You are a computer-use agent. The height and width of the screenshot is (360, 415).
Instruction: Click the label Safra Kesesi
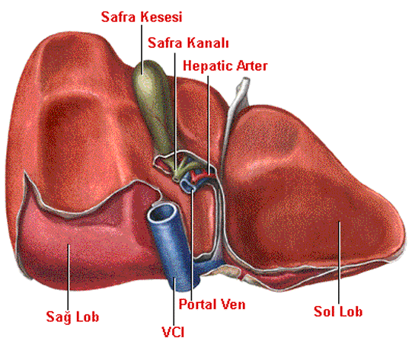[x=142, y=17]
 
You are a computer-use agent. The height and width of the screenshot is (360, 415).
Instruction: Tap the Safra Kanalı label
[x=188, y=43]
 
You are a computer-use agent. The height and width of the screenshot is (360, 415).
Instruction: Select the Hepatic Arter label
[x=225, y=65]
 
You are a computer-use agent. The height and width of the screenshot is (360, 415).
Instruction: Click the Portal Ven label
[x=212, y=304]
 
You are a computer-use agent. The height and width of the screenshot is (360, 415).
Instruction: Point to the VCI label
[x=173, y=332]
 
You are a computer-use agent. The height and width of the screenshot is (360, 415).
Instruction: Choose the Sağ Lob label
[x=72, y=317]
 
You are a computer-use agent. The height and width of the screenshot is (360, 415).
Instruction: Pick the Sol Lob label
[x=338, y=311]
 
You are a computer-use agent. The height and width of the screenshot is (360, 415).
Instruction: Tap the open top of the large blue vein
[x=162, y=213]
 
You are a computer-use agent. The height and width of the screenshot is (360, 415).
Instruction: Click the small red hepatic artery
[x=199, y=175]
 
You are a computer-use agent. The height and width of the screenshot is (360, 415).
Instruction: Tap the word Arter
[x=252, y=65]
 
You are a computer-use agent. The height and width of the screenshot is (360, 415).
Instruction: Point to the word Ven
[x=234, y=304]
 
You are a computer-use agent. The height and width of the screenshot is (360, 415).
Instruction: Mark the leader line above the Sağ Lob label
[x=69, y=276]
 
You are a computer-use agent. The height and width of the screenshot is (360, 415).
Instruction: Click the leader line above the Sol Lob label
[x=339, y=263]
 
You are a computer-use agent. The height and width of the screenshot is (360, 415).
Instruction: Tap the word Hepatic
[x=208, y=65]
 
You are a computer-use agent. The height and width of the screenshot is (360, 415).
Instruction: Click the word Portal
[x=198, y=304]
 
